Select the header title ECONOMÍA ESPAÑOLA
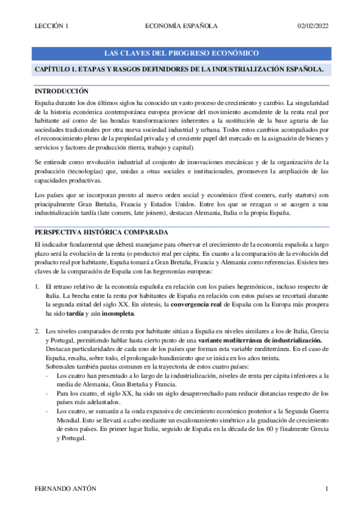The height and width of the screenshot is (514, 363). [182, 25]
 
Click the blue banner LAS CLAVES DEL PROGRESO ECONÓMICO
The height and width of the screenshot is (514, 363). [182, 53]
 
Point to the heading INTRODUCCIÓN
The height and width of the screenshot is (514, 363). [62, 90]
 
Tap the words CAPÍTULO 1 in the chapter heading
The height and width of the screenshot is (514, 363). [57, 70]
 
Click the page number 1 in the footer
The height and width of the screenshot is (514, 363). [327, 489]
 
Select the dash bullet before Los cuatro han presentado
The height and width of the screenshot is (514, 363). [48, 376]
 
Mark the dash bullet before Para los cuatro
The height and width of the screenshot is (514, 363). [48, 394]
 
